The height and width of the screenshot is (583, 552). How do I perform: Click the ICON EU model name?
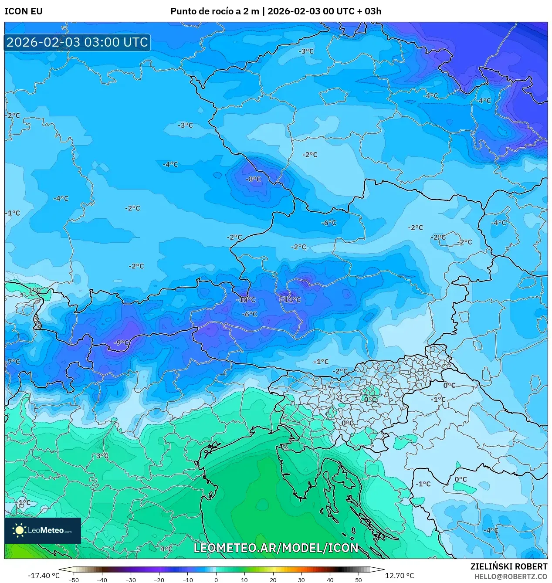tap(24, 11)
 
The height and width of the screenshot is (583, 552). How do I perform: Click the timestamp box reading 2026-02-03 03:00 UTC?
tap(77, 42)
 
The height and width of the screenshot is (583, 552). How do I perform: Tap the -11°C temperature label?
tap(291, 300)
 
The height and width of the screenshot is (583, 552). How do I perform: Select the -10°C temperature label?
tap(246, 300)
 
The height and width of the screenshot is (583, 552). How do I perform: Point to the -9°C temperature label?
tap(122, 343)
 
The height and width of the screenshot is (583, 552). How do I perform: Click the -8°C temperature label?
tap(253, 179)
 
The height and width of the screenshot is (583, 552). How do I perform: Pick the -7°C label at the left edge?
tap(13, 362)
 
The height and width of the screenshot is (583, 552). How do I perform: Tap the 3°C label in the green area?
tap(102, 456)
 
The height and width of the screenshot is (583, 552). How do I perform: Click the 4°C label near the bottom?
tap(166, 549)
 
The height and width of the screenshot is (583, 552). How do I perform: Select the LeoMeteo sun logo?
tap(20, 530)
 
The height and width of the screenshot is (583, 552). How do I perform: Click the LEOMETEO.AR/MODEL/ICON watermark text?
tap(276, 548)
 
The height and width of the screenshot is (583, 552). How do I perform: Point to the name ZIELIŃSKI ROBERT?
tap(508, 566)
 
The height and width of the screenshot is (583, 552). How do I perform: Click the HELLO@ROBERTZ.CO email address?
tap(511, 576)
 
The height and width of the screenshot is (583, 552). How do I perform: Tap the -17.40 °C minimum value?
tap(44, 576)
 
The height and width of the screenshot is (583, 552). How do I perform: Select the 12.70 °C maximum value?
tap(400, 576)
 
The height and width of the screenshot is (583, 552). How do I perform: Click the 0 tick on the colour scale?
tap(216, 580)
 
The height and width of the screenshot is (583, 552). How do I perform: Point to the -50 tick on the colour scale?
tap(74, 580)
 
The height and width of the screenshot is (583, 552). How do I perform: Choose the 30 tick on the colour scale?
tap(301, 580)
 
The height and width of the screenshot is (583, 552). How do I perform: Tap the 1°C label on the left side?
tap(34, 290)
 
